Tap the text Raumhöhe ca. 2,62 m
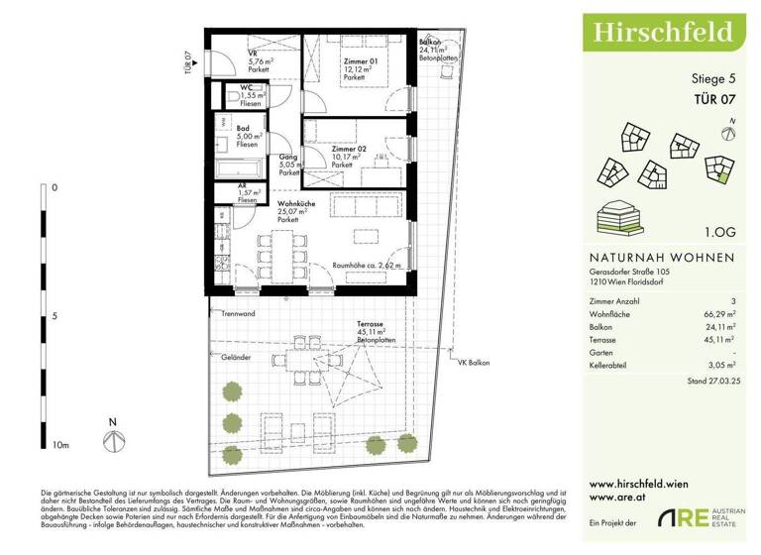[367, 266]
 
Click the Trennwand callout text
[239, 314]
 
